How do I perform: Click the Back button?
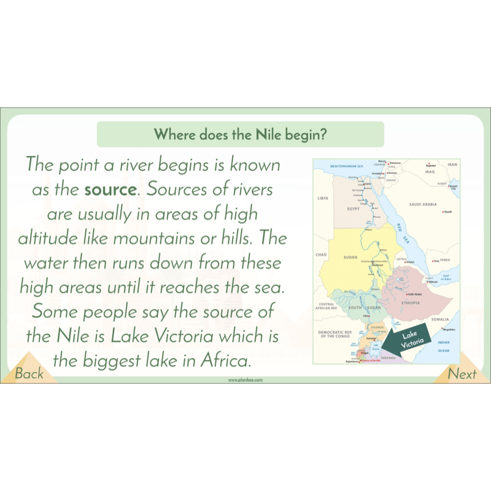pos(29,373)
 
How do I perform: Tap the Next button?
pos(462,373)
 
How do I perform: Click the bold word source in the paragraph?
pos(110,190)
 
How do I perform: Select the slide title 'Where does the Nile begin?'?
pos(240,134)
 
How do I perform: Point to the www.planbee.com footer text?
pos(245,380)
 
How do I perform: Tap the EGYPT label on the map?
pos(353,209)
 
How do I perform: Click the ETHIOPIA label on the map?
pos(410,303)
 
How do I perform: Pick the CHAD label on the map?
pos(320,254)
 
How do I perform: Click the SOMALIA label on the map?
pos(439,319)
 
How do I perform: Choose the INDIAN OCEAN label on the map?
pos(444,346)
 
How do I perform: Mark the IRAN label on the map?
pos(452,164)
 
